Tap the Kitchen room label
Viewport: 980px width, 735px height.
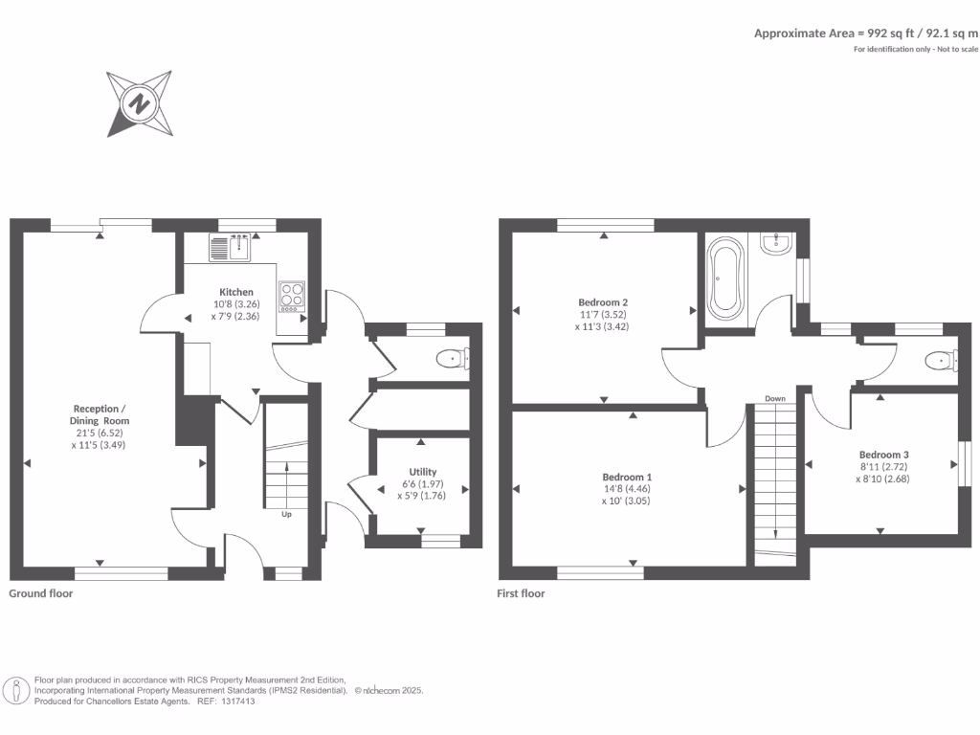pyautogui.click(x=236, y=292)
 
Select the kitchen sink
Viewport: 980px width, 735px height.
pyautogui.click(x=230, y=248)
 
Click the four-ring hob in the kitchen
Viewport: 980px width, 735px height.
pyautogui.click(x=292, y=296)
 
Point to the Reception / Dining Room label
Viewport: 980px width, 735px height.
pyautogui.click(x=100, y=414)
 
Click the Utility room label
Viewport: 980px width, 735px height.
pyautogui.click(x=423, y=472)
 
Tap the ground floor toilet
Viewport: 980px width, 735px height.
pyautogui.click(x=451, y=359)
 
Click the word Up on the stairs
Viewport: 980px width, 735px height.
pyautogui.click(x=286, y=514)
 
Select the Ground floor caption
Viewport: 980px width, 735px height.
pyautogui.click(x=41, y=593)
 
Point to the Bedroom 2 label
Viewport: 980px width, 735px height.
pyautogui.click(x=604, y=301)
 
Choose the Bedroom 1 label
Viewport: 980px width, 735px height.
pyautogui.click(x=627, y=477)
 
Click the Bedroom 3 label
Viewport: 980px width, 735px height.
pyautogui.click(x=883, y=455)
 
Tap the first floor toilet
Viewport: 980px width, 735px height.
pyautogui.click(x=941, y=361)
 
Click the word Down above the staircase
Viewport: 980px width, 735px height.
pyautogui.click(x=775, y=398)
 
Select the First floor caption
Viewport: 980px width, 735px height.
pyautogui.click(x=521, y=593)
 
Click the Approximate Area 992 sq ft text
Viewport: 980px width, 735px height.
pyautogui.click(x=866, y=33)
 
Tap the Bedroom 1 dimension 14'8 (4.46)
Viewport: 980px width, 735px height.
pyautogui.click(x=627, y=488)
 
